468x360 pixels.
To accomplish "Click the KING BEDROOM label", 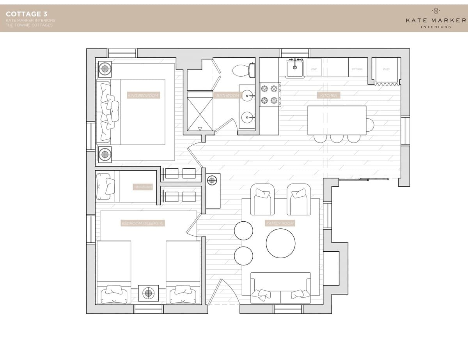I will pyautogui.click(x=143, y=95).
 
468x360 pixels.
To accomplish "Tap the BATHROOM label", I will pyautogui.click(x=228, y=95).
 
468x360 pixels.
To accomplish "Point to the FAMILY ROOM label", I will pyautogui.click(x=280, y=223).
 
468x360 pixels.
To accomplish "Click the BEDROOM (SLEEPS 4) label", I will pyautogui.click(x=142, y=223).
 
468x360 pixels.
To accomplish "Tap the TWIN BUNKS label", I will pyautogui.click(x=142, y=187).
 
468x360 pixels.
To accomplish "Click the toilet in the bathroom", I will pyautogui.click(x=243, y=70).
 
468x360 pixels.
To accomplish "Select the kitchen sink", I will pyautogui.click(x=295, y=69).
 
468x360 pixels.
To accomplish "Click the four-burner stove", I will pyautogui.click(x=270, y=95).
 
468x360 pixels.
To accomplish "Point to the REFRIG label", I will pyautogui.click(x=357, y=69).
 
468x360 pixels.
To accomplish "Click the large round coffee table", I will pyautogui.click(x=281, y=243).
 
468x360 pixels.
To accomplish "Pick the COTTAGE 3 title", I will pyautogui.click(x=27, y=14).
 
